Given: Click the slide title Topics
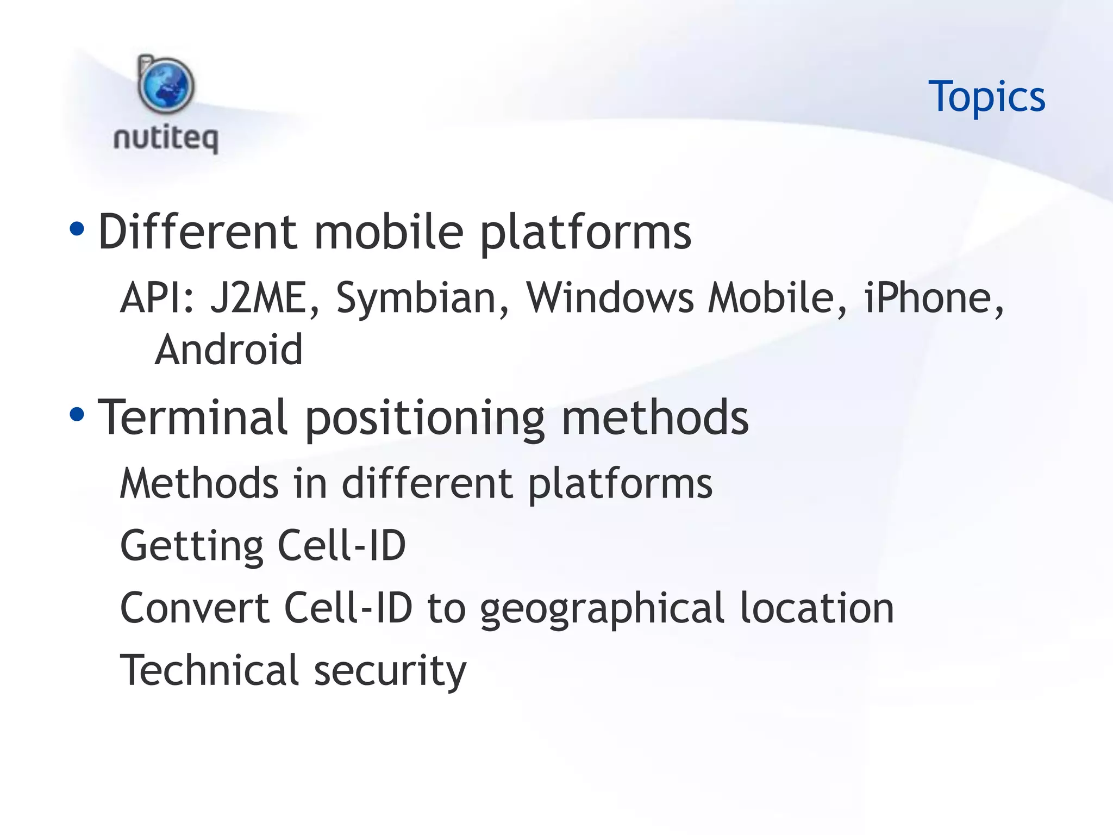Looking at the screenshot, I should (x=986, y=97).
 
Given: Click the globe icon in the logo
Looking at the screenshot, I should (x=166, y=86).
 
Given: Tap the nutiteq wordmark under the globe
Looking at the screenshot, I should (x=166, y=138).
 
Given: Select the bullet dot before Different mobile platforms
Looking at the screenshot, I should (x=77, y=229).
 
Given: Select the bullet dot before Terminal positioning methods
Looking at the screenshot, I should (x=77, y=415).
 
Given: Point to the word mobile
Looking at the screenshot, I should (x=389, y=232).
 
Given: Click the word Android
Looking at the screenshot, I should (x=228, y=350).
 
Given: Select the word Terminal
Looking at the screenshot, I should (x=192, y=417).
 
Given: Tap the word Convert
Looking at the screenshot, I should (x=194, y=608).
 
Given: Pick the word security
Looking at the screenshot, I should (x=390, y=671).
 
